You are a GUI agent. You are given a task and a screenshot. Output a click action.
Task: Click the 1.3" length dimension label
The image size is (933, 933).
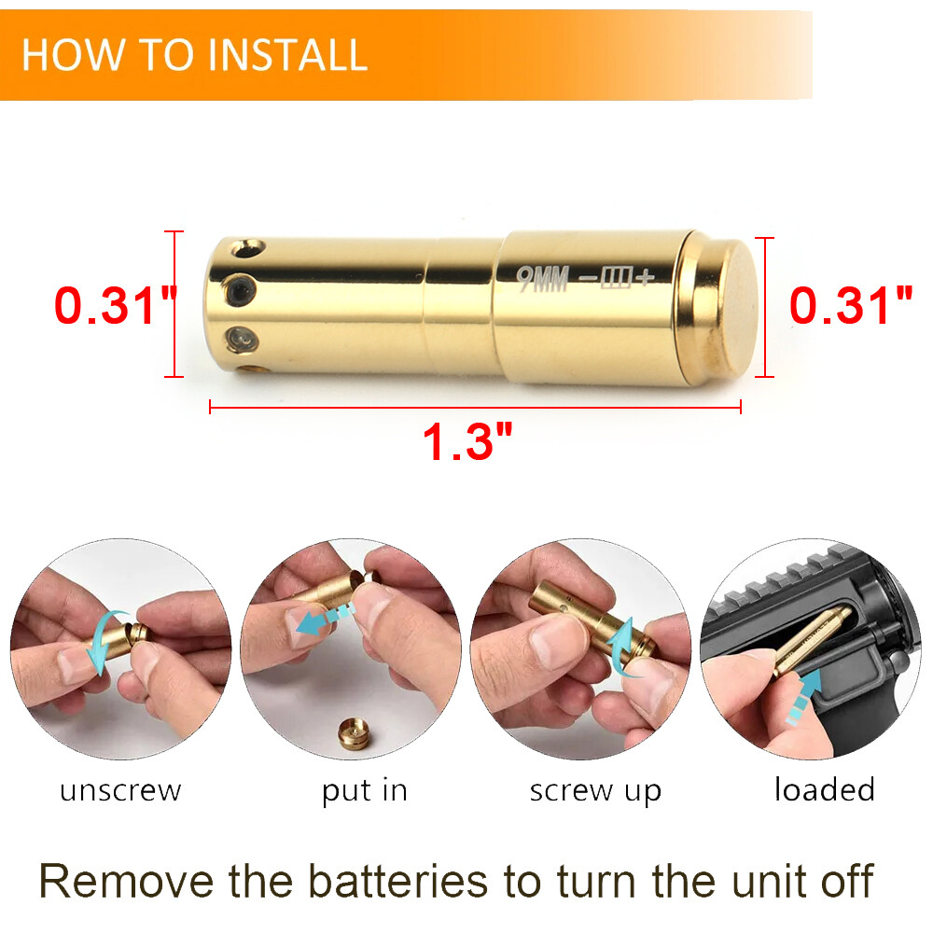[469, 441]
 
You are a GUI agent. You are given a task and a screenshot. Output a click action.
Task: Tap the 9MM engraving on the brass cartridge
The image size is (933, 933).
[543, 279]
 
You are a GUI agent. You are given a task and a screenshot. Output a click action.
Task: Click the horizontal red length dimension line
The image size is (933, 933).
[475, 407]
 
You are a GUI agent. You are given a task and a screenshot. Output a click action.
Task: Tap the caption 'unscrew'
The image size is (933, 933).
[120, 791]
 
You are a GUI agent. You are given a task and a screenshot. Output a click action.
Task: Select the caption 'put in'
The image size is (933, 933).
[365, 791]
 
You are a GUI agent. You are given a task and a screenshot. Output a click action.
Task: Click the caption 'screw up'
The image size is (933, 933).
[595, 791]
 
